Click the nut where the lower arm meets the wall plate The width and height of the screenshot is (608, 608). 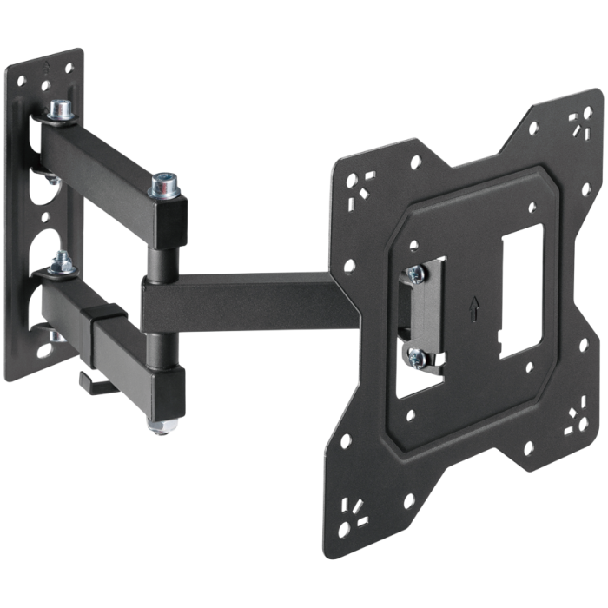(x=60, y=261)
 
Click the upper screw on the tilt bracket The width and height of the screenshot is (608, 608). (x=416, y=273)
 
